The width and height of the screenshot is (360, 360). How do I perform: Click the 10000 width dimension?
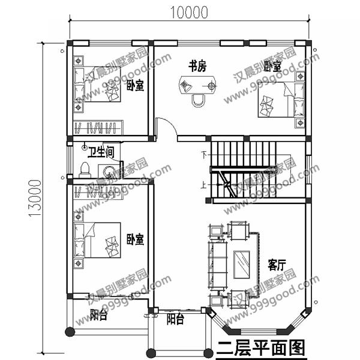pyautogui.click(x=189, y=13)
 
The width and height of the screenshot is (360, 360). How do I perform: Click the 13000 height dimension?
pyautogui.click(x=35, y=198)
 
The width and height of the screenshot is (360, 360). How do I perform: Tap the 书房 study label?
pyautogui.click(x=197, y=66)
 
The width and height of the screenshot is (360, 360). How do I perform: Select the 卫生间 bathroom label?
pyautogui.click(x=101, y=152)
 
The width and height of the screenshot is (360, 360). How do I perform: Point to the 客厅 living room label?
pyautogui.click(x=277, y=265)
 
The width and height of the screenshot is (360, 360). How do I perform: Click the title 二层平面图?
pyautogui.click(x=260, y=348)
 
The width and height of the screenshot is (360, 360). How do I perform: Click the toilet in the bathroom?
pyautogui.click(x=85, y=170)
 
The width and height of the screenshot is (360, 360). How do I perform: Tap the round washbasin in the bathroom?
pyautogui.click(x=109, y=171)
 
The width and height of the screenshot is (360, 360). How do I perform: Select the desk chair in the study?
pyautogui.click(x=199, y=100)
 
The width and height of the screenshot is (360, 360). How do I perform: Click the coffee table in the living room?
pyautogui.click(x=242, y=265)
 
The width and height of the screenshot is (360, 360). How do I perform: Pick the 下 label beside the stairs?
pyautogui.click(x=204, y=155)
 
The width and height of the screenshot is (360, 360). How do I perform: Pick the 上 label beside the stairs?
pyautogui.click(x=203, y=185)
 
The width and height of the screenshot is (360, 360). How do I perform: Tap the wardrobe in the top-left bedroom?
pyautogui.click(x=98, y=128)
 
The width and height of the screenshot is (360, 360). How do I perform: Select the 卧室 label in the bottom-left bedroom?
pyautogui.click(x=135, y=239)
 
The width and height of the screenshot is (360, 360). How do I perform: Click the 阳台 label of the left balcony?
pyautogui.click(x=98, y=314)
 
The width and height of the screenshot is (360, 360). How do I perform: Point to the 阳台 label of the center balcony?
pyautogui.click(x=175, y=319)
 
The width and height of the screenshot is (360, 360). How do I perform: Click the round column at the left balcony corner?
pyautogui.click(x=70, y=332)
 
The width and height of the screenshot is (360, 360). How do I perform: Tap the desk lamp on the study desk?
pyautogui.click(x=185, y=86)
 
